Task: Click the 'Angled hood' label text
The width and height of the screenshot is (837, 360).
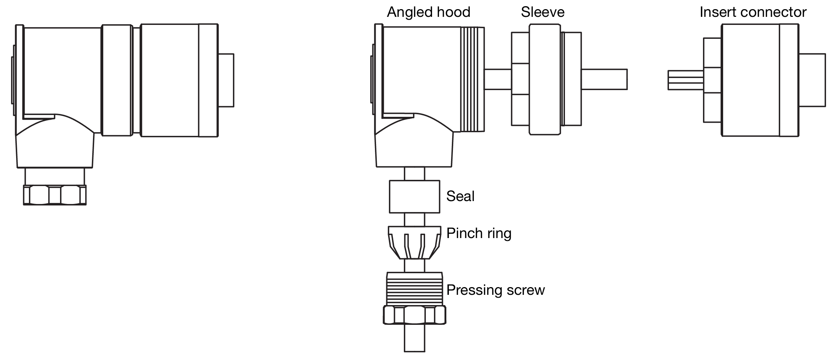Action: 428,12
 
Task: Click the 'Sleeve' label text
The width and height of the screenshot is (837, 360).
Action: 543,12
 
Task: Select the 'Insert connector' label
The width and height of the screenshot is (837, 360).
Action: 753,12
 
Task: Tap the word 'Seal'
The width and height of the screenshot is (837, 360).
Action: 460,196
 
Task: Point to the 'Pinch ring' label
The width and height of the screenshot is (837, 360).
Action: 479,233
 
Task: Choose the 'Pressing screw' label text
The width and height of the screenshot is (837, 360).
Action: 495,290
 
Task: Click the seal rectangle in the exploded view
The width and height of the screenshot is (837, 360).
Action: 414,197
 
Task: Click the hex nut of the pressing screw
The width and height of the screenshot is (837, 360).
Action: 414,315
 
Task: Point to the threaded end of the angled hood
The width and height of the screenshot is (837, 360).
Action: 472,79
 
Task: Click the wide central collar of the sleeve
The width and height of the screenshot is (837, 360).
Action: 544,79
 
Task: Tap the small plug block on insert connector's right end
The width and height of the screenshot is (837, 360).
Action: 812,80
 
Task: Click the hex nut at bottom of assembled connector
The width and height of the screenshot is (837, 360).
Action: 55,195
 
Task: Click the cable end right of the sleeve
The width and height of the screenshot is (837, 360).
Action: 604,79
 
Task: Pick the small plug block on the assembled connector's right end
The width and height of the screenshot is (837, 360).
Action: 226,80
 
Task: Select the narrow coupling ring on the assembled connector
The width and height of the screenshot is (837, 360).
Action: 116,80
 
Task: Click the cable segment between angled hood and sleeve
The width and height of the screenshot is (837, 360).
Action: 498,79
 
